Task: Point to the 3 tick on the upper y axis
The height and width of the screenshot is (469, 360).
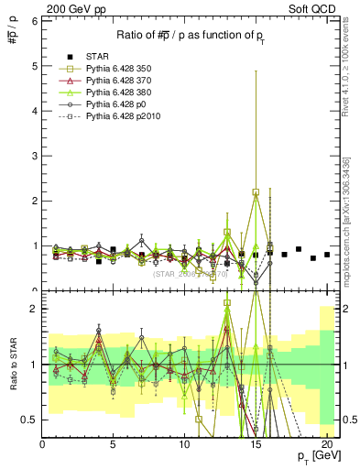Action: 34,156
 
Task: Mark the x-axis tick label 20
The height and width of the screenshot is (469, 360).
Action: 326,445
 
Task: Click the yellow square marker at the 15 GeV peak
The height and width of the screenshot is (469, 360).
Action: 256,192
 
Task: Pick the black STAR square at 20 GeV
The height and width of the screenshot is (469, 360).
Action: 326,255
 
